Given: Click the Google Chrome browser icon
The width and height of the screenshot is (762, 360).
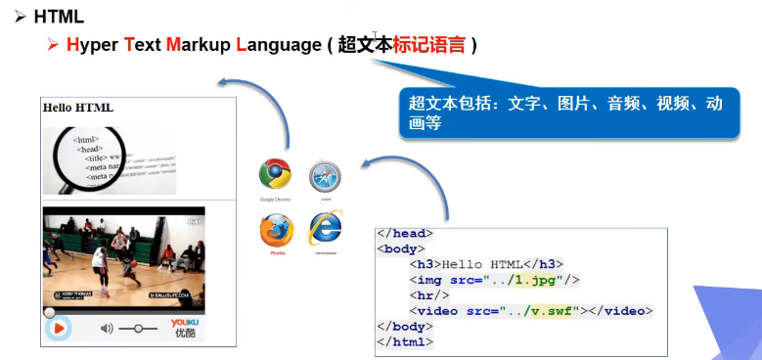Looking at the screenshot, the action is coord(275,174).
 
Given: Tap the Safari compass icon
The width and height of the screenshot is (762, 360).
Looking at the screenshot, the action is coord(325,176).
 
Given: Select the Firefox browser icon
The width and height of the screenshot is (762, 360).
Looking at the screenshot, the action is coord(276,231).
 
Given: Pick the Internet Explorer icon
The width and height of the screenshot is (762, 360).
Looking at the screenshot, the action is coord(325,229).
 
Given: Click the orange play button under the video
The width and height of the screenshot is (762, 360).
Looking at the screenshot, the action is coord(58,328).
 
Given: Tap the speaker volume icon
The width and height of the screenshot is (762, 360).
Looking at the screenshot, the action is coord(107,328).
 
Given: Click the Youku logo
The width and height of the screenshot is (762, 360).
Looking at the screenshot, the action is coord(185,327).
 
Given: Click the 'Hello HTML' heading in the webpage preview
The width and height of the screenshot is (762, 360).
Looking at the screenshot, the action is coord(78,107).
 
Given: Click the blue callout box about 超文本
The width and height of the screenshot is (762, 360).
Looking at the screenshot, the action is coord(567,112).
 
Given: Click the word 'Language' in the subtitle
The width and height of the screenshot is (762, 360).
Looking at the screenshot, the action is coord(278,45).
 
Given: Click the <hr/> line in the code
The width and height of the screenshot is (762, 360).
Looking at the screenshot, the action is coord(429,295).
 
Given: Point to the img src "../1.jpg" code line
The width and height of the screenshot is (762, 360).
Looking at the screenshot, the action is coord(494,280).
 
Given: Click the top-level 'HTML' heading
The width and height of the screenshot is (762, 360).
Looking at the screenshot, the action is coord(59,17).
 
